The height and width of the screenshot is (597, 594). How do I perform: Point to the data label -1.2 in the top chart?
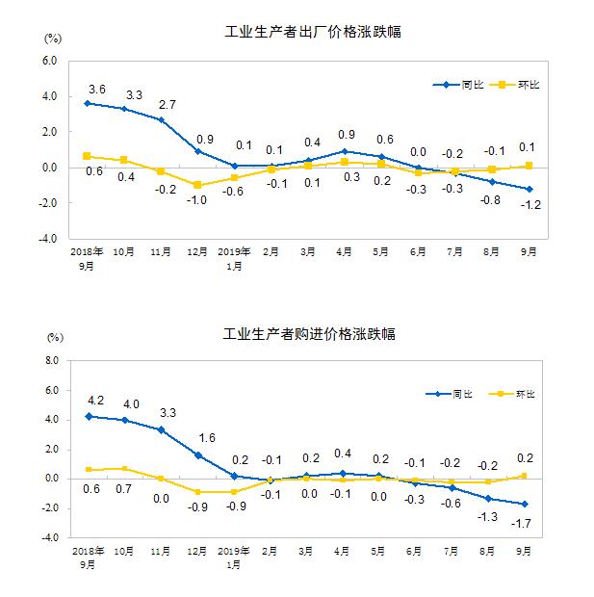coord(529,205)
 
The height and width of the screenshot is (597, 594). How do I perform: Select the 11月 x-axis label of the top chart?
coord(161,251)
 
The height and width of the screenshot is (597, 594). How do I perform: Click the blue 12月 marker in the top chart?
coord(197,151)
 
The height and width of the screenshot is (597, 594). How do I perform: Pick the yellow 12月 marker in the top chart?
coord(197,185)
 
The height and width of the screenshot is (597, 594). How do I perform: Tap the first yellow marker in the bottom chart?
coord(89,470)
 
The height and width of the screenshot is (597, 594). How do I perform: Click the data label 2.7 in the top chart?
coord(168,104)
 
